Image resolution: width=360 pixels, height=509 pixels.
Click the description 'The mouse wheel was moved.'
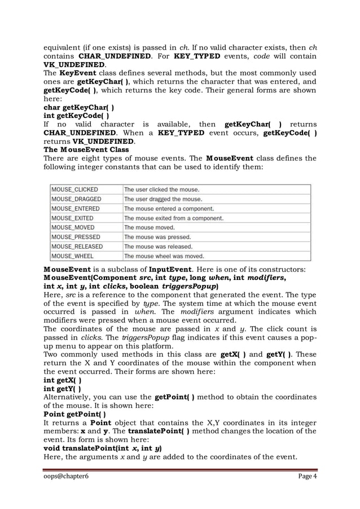tap(164, 256)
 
